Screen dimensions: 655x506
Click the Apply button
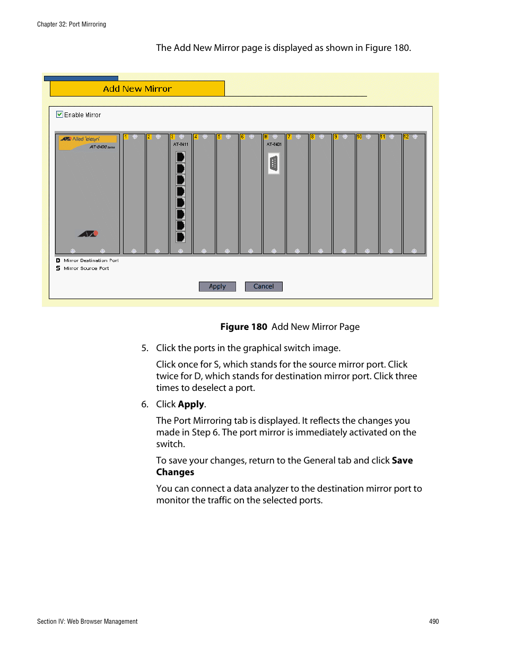tap(217, 286)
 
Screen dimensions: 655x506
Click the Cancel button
tap(264, 286)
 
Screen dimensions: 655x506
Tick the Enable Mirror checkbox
tap(60, 115)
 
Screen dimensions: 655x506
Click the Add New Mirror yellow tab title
tap(137, 89)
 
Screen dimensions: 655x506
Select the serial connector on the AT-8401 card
tap(274, 164)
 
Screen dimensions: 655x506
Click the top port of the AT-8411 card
tap(180, 157)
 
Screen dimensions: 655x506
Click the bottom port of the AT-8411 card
tap(180, 237)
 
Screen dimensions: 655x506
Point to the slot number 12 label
tap(406, 137)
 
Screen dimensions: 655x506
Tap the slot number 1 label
tap(126, 137)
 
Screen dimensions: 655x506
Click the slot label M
tap(266, 137)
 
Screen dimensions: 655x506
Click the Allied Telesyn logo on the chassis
tap(80, 139)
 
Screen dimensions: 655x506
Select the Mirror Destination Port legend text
tap(91, 260)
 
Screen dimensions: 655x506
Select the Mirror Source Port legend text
tap(86, 268)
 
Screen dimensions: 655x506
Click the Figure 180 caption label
tap(243, 327)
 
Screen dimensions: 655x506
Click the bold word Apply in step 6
tap(191, 404)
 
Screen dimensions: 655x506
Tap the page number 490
tap(434, 622)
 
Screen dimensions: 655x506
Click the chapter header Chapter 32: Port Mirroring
tap(72, 24)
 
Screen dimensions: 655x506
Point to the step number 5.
tap(144, 348)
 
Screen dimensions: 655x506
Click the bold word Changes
tap(175, 472)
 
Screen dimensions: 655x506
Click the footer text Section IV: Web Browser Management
tap(88, 622)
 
